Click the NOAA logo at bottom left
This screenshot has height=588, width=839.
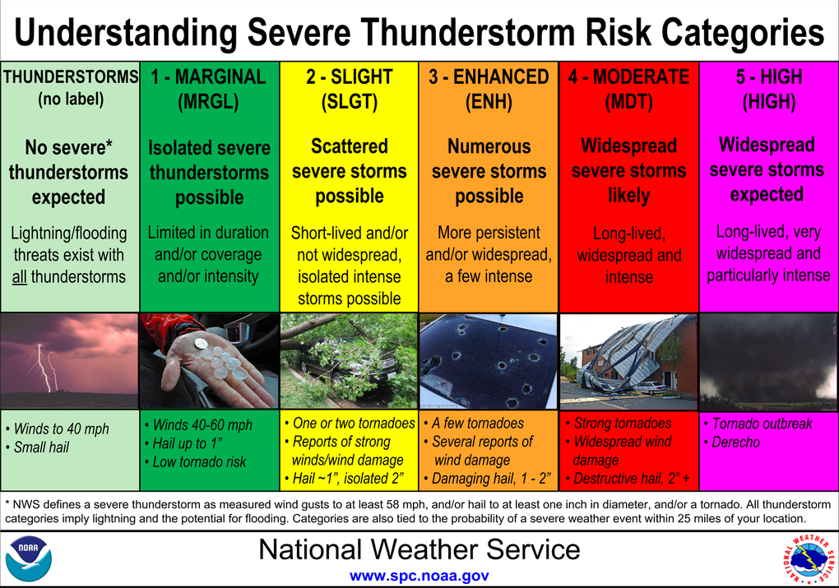(29, 559)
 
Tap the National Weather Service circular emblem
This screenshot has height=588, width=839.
(809, 559)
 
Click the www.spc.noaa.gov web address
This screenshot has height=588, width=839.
(419, 576)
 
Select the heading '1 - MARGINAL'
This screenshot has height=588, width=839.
(209, 77)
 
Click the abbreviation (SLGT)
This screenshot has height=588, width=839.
(349, 102)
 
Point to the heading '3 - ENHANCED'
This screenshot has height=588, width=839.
(489, 77)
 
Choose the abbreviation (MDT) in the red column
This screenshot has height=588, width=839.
(628, 102)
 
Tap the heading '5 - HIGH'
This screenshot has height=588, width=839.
(769, 77)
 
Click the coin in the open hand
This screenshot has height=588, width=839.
(202, 342)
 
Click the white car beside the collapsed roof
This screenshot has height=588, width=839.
(650, 389)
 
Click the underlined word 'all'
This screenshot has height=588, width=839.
(19, 277)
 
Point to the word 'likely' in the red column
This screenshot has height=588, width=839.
(628, 196)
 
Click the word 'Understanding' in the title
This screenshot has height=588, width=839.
(126, 32)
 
